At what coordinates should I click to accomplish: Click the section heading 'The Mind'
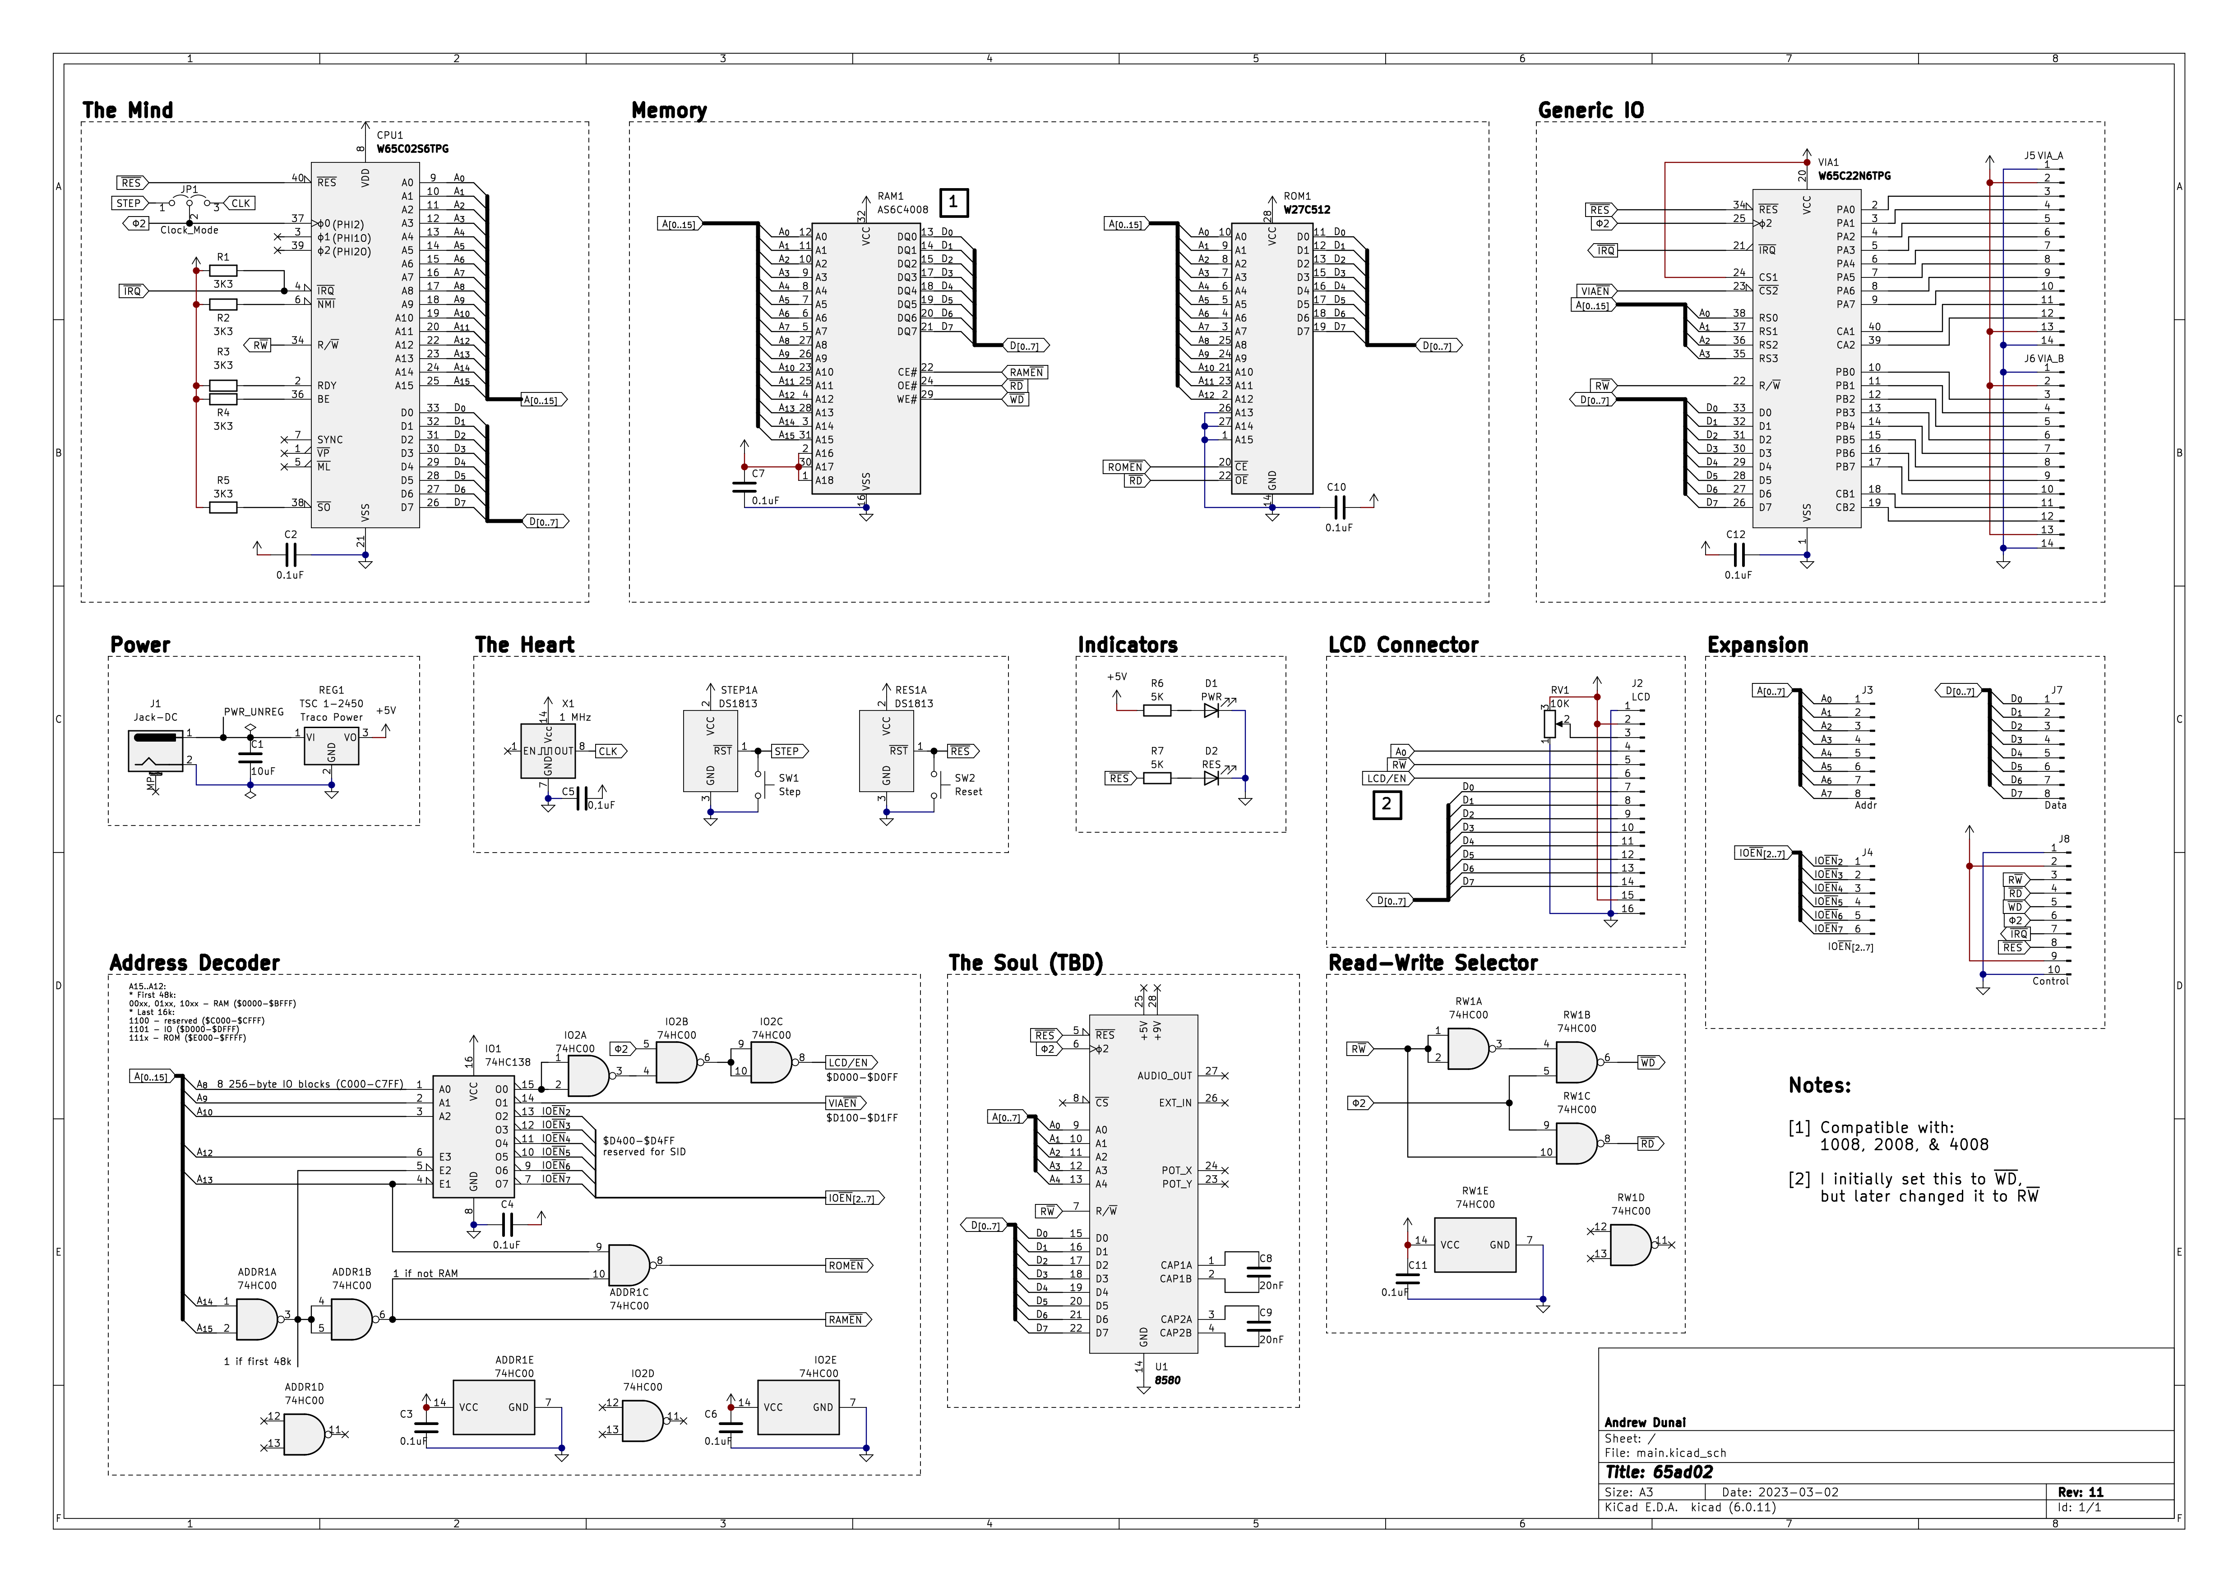point(128,110)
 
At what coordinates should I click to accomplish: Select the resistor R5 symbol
point(223,507)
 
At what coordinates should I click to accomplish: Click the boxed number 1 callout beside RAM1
point(953,203)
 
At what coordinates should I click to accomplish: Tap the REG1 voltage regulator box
point(331,746)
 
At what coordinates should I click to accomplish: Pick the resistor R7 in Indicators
point(1157,778)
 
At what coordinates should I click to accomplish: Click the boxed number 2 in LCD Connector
point(1386,805)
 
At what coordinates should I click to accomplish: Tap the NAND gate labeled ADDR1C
point(629,1265)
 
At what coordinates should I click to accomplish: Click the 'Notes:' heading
point(1819,1086)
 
